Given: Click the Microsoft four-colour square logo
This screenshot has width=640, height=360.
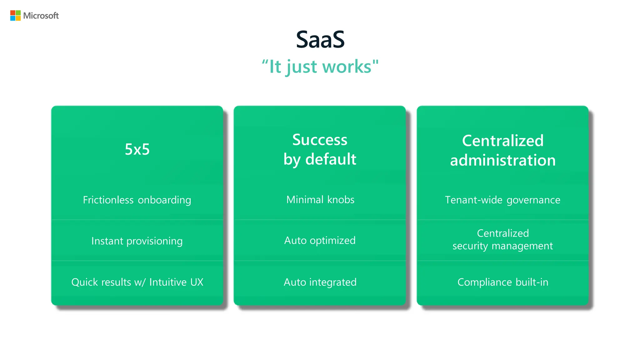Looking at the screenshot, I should tap(15, 16).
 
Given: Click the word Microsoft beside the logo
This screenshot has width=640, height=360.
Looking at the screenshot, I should tap(41, 16).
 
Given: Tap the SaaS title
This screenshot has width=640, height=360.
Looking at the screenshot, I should tap(320, 40).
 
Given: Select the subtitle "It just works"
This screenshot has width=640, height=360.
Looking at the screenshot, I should tap(320, 67).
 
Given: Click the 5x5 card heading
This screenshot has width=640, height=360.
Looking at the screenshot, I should tap(137, 149).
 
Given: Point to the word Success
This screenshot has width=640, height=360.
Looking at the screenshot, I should tap(320, 140).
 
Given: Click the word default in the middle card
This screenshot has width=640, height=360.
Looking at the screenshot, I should tap(331, 159).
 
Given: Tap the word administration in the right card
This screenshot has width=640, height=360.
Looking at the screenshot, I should tap(503, 160).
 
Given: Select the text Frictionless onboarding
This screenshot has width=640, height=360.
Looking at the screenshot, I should tap(137, 200).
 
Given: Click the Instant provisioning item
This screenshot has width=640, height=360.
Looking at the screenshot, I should tap(137, 241).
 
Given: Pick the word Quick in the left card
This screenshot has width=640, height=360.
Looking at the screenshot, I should tap(84, 282).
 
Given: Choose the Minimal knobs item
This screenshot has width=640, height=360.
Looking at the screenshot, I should tap(320, 200).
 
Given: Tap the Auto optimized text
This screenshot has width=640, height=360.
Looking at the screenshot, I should tap(320, 240).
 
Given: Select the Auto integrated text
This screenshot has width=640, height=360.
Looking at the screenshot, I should tap(320, 282).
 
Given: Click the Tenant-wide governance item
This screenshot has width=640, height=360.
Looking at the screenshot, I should tap(502, 200).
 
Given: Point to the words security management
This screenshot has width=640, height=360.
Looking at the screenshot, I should tap(502, 246).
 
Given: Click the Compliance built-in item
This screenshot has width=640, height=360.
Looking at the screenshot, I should tap(503, 282).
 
